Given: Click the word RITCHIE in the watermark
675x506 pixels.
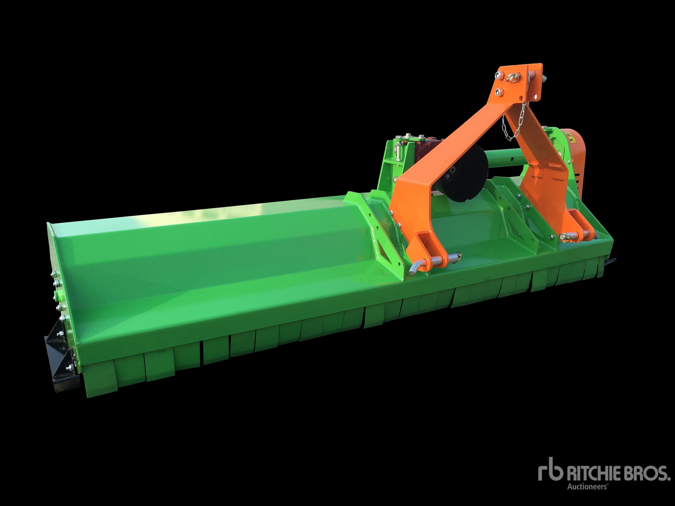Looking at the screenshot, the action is click(x=592, y=474).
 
